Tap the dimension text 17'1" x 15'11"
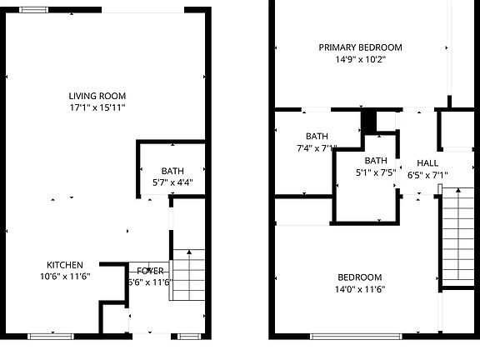[x=98, y=107]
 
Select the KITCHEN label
[x=64, y=264]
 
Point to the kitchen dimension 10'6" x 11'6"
[x=64, y=276]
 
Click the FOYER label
[x=150, y=271]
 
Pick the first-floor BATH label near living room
[x=172, y=170]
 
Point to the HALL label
[x=427, y=163]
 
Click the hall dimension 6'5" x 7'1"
[x=427, y=175]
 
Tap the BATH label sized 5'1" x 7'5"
[x=376, y=161]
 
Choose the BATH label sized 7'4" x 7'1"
[x=317, y=137]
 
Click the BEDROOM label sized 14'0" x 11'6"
[x=359, y=277]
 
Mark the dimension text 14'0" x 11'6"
[x=359, y=289]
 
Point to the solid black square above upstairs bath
[x=368, y=121]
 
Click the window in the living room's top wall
[x=33, y=9]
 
